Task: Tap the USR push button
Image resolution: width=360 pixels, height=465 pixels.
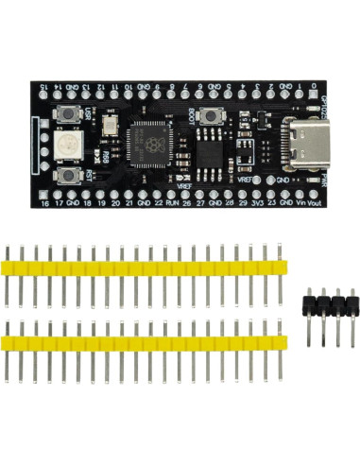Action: [70, 116]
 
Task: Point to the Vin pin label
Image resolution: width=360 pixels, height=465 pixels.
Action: [300, 201]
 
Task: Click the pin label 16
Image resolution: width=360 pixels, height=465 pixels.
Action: [45, 201]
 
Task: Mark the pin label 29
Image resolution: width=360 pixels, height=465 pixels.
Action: [244, 201]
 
